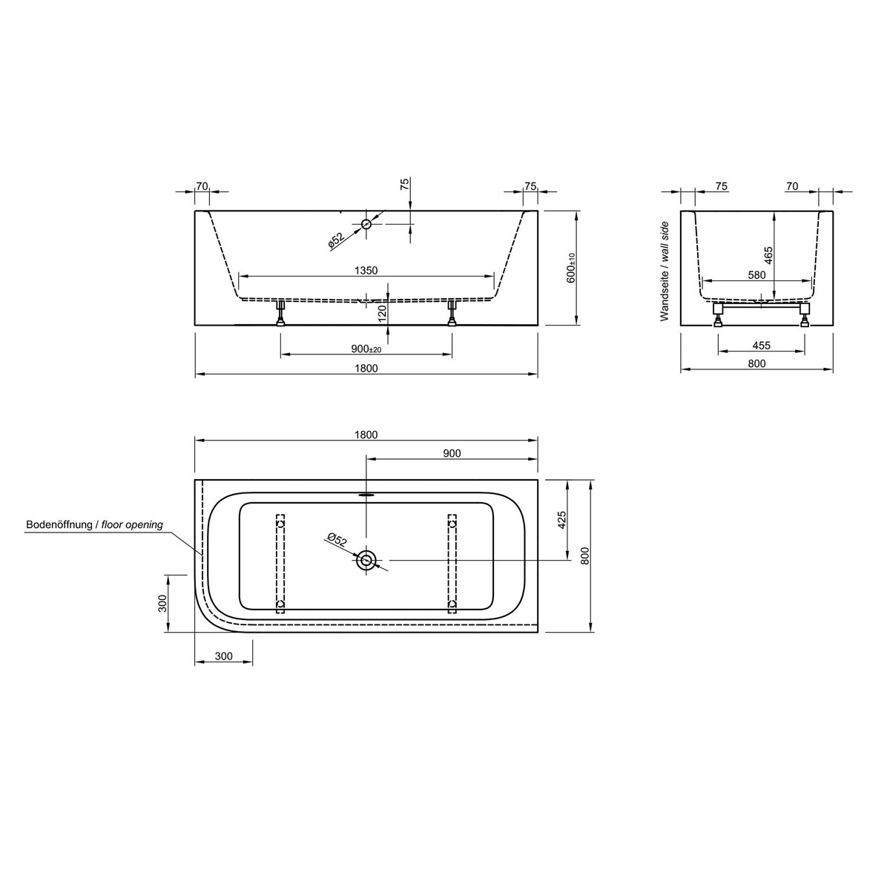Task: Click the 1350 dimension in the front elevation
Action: pyautogui.click(x=366, y=271)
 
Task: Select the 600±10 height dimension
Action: pyautogui.click(x=571, y=268)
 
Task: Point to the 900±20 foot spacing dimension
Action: pyautogui.click(x=366, y=349)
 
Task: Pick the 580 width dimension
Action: pyautogui.click(x=756, y=275)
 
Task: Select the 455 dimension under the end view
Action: pyautogui.click(x=761, y=345)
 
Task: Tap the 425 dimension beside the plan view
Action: pyautogui.click(x=561, y=519)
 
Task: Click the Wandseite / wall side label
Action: pyautogui.click(x=665, y=271)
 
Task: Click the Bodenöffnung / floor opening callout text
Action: pyautogui.click(x=94, y=524)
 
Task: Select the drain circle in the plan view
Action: pyautogui.click(x=366, y=561)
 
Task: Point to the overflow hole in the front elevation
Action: pyautogui.click(x=366, y=223)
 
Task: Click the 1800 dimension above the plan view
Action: pyautogui.click(x=366, y=435)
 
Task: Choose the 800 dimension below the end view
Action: pyautogui.click(x=756, y=363)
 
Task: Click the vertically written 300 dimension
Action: pyautogui.click(x=163, y=603)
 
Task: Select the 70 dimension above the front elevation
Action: pyautogui.click(x=202, y=186)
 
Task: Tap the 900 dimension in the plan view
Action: pyautogui.click(x=452, y=454)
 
